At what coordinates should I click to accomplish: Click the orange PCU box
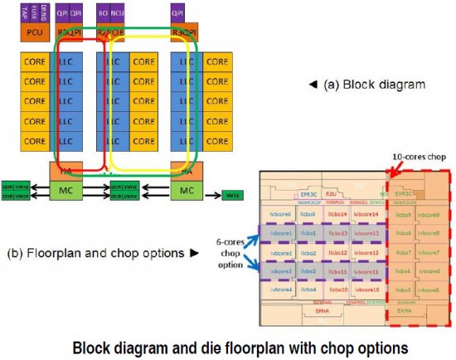pos(35,34)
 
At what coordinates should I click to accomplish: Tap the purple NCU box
pos(118,14)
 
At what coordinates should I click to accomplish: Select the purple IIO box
pos(103,14)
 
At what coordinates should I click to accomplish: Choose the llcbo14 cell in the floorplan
pos(337,215)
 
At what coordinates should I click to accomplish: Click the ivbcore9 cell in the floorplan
pos(430,215)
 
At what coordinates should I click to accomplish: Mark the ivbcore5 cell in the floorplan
pos(430,289)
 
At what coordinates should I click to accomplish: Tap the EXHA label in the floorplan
pos(405,313)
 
